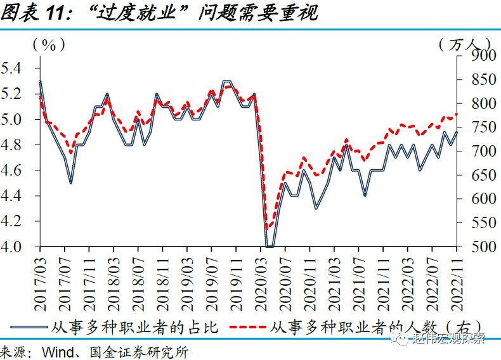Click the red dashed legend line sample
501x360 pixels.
click(x=247, y=328)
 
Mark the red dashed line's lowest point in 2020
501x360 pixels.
click(x=268, y=227)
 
